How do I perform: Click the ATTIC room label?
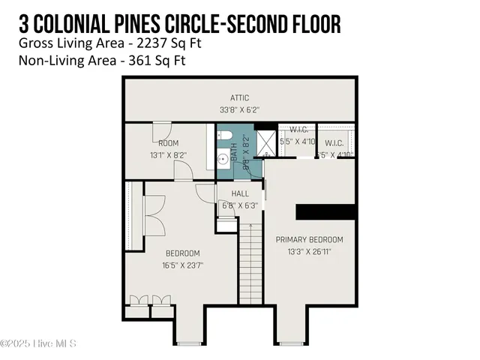coord(239,97)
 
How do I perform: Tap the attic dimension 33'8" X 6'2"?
coord(239,109)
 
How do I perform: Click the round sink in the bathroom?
coord(223,159)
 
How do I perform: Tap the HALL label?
coord(240,193)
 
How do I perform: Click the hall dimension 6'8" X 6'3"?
coord(240,205)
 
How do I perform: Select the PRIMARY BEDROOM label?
coord(309,240)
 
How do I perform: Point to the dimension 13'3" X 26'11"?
coord(309,251)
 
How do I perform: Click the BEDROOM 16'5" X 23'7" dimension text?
coord(182,264)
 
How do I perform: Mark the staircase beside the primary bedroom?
coord(250,262)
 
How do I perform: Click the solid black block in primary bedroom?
coord(325,211)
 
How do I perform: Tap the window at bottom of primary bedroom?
coord(293,343)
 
